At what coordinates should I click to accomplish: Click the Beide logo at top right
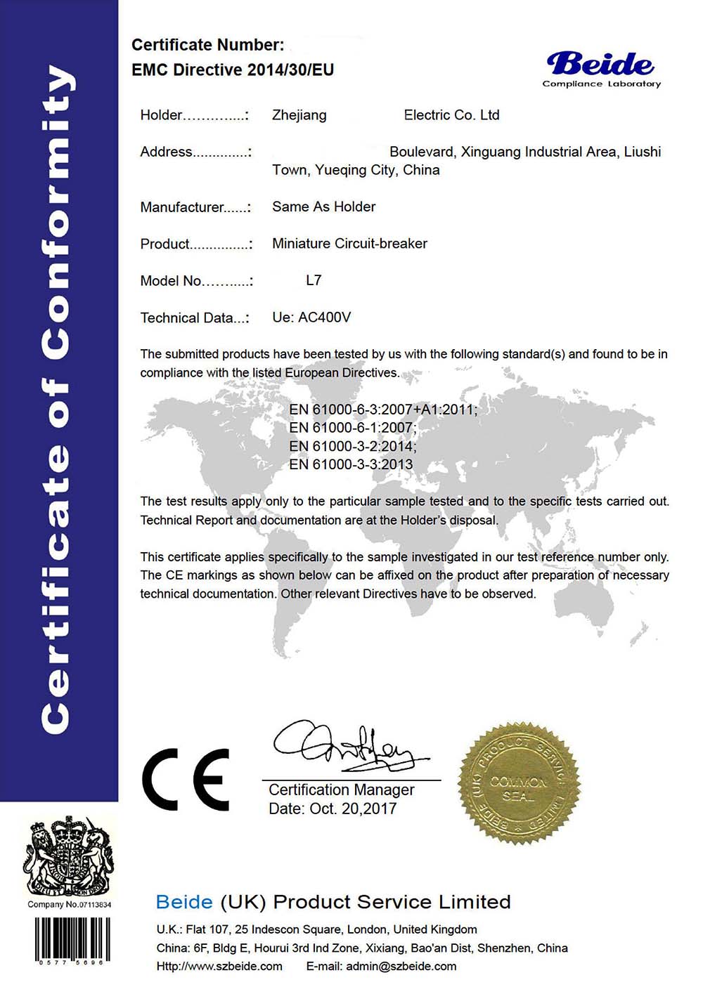601,69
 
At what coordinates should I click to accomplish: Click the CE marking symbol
186,780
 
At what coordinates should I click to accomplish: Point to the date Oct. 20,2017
333,809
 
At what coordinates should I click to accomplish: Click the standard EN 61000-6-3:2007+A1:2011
383,410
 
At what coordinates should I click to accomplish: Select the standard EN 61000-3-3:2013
351,464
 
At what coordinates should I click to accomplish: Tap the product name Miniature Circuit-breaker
349,244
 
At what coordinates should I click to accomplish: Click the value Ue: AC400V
311,318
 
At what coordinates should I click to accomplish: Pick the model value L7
314,280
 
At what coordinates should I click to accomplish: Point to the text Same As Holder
323,207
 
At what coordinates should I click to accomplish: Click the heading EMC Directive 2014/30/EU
233,70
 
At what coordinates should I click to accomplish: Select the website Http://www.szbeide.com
219,967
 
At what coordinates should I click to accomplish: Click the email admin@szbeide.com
401,967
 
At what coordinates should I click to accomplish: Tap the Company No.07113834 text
69,905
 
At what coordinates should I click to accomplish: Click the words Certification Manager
341,790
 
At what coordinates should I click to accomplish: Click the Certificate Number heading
208,45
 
